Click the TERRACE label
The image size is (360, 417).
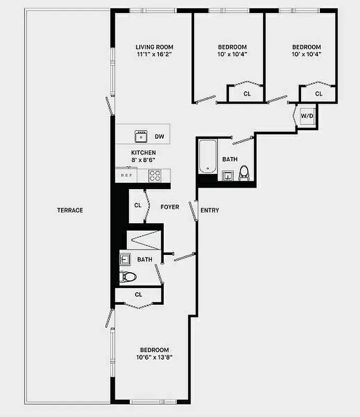(x=70, y=210)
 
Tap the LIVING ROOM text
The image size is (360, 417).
(x=154, y=47)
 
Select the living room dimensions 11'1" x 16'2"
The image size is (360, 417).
(x=154, y=54)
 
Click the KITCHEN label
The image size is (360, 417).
(x=143, y=152)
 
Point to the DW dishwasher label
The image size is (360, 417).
(x=160, y=137)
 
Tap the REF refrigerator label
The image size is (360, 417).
(x=126, y=176)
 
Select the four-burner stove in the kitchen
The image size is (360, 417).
(x=155, y=176)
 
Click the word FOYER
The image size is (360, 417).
(x=170, y=207)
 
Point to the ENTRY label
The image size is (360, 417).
(x=210, y=211)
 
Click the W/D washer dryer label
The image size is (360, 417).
(x=307, y=115)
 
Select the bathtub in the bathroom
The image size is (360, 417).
(x=207, y=156)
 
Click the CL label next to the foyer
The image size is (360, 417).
(x=138, y=205)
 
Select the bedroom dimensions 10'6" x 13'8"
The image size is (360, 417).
(x=154, y=357)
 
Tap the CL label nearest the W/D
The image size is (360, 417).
(x=319, y=94)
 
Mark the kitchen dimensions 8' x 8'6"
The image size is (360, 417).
(x=143, y=160)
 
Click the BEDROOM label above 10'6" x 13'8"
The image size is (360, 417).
(x=154, y=350)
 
